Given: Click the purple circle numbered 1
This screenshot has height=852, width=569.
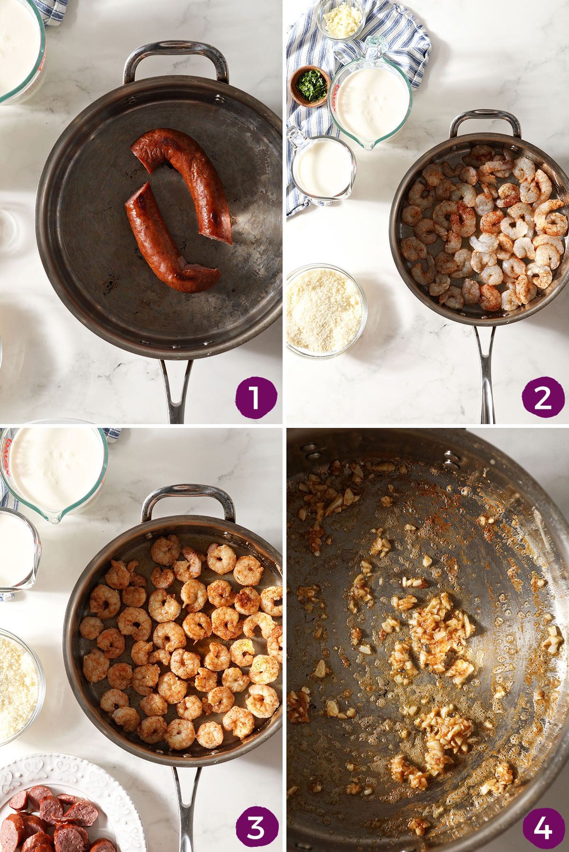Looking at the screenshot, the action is (x=255, y=396).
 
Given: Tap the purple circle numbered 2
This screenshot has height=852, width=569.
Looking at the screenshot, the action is (x=542, y=396).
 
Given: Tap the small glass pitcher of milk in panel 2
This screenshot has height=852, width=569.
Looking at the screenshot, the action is (x=320, y=166).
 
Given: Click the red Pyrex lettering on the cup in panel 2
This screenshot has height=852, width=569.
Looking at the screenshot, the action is (x=336, y=88).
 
